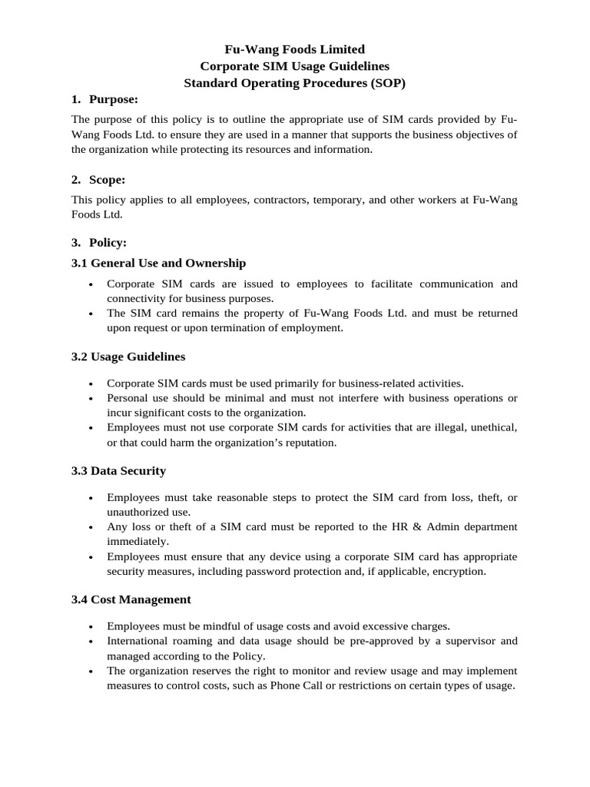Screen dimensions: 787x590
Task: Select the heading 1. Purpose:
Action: pyautogui.click(x=104, y=98)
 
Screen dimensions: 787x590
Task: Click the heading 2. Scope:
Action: pyautogui.click(x=98, y=180)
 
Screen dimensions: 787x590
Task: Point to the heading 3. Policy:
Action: pyautogui.click(x=99, y=242)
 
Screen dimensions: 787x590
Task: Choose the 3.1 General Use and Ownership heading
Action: pyautogui.click(x=158, y=263)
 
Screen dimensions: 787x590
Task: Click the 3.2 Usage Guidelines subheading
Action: pyautogui.click(x=128, y=357)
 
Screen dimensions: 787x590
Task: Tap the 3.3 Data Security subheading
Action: pyautogui.click(x=118, y=470)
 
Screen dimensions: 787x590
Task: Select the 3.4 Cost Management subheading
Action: pyautogui.click(x=131, y=599)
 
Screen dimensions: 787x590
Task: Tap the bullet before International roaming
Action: pyautogui.click(x=92, y=641)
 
